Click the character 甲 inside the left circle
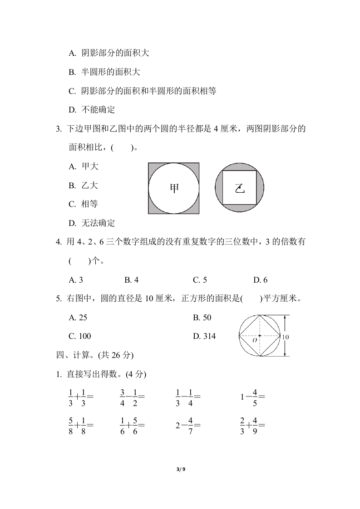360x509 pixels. pyautogui.click(x=174, y=188)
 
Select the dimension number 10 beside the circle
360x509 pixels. pyautogui.click(x=285, y=337)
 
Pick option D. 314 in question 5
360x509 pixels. pyautogui.click(x=204, y=336)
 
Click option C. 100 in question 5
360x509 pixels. pyautogui.click(x=79, y=336)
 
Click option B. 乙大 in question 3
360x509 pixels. pyautogui.click(x=83, y=186)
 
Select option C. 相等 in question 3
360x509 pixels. pyautogui.click(x=83, y=204)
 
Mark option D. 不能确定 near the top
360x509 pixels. pyautogui.click(x=92, y=109)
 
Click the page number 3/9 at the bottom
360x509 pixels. pyautogui.click(x=180, y=470)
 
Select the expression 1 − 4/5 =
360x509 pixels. pyautogui.click(x=252, y=396)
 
